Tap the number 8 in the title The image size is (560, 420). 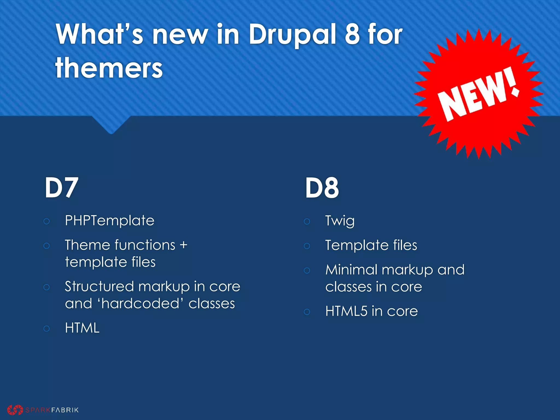(x=352, y=35)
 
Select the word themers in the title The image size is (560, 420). (x=109, y=68)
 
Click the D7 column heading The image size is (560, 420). (x=62, y=188)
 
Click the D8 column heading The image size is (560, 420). (x=322, y=188)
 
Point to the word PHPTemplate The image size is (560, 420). (x=110, y=220)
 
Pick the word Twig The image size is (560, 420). (x=340, y=221)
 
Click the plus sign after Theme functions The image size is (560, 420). (x=183, y=245)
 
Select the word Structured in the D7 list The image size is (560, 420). (x=99, y=287)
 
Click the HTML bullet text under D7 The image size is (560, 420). (x=82, y=328)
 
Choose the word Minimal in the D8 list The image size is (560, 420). (x=351, y=270)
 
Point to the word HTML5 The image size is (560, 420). (x=346, y=311)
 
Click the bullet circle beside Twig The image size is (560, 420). (x=307, y=221)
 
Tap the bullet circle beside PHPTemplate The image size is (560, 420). (x=46, y=221)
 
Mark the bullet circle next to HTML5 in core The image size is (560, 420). (x=307, y=312)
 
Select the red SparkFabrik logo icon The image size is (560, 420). (x=15, y=410)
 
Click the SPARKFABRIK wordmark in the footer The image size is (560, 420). (x=52, y=410)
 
